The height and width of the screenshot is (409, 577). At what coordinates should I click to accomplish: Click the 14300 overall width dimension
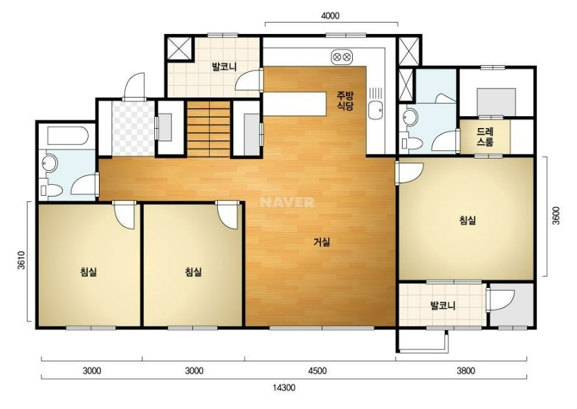(x=284, y=388)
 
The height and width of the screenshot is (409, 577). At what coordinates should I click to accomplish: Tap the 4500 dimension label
(x=317, y=371)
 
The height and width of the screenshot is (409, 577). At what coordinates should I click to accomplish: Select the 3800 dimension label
(x=466, y=371)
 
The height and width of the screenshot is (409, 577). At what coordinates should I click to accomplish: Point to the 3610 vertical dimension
(x=22, y=260)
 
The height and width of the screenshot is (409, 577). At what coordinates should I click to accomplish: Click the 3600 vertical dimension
(x=556, y=215)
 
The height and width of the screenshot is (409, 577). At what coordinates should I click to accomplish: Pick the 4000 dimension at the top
(x=330, y=16)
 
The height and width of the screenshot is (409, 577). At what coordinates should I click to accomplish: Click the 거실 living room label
(x=322, y=242)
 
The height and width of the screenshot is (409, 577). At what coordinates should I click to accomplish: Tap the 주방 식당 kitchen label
(x=345, y=101)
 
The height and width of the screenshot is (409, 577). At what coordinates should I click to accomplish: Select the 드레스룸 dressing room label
(x=485, y=136)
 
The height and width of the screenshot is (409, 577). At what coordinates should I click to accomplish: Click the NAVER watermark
(x=287, y=202)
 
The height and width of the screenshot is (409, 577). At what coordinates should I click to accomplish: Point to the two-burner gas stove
(x=342, y=57)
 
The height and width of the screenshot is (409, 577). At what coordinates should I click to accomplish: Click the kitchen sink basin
(x=375, y=110)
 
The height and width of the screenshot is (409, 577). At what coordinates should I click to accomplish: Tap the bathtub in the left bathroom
(x=68, y=136)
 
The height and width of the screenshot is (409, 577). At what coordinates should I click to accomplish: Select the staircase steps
(x=209, y=129)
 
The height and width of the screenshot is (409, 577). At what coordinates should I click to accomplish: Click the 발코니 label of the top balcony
(x=224, y=67)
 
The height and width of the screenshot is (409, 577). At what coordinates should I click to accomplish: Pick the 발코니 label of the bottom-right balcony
(x=443, y=306)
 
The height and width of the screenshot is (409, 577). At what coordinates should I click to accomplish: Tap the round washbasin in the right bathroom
(x=410, y=117)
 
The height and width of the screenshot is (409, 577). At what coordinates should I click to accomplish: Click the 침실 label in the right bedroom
(x=468, y=220)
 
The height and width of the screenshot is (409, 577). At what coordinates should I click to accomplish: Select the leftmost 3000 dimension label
(x=92, y=371)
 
